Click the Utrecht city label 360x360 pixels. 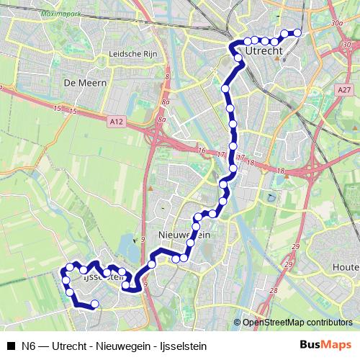pyautogui.click(x=265, y=53)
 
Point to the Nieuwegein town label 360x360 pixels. pyautogui.click(x=183, y=235)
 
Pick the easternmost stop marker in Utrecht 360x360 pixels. pyautogui.click(x=297, y=32)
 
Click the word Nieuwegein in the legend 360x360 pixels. pyautogui.click(x=115, y=344)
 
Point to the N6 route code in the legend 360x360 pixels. pyautogui.click(x=29, y=344)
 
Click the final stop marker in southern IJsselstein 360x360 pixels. pyautogui.click(x=94, y=304)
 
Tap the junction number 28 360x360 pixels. pyautogui.click(x=273, y=290)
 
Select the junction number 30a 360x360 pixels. pyautogui.click(x=336, y=24)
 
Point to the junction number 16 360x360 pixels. pyautogui.click(x=202, y=150)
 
